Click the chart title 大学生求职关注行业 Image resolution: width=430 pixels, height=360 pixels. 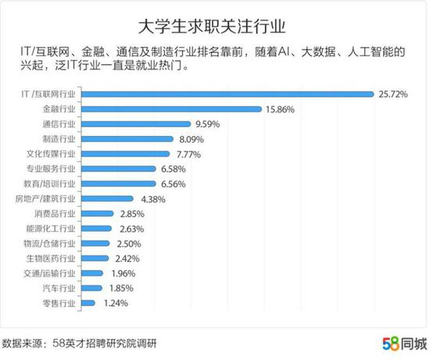pyautogui.click(x=215, y=22)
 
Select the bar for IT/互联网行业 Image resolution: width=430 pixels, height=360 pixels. pyautogui.click(x=228, y=94)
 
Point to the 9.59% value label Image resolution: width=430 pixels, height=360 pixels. pyautogui.click(x=210, y=124)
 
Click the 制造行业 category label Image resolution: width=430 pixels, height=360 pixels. pyautogui.click(x=60, y=139)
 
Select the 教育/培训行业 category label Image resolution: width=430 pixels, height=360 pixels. pyautogui.click(x=52, y=184)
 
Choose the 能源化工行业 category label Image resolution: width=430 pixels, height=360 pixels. pyautogui.click(x=52, y=228)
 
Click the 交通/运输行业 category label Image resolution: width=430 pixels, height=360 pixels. pyautogui.click(x=52, y=273)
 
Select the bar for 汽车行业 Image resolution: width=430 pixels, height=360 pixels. pyautogui.click(x=95, y=287)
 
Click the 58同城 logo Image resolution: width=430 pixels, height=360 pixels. pyautogui.click(x=404, y=343)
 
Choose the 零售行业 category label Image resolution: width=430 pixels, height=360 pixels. pyautogui.click(x=60, y=302)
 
